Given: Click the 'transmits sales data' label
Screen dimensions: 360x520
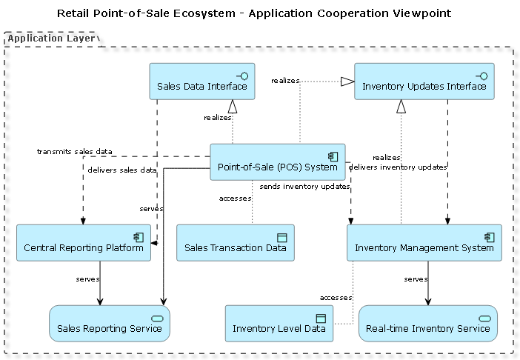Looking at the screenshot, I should coord(74,151).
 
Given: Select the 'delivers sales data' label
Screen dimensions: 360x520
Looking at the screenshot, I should coord(122,170).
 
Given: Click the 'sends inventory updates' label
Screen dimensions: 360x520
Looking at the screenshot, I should coord(304,187).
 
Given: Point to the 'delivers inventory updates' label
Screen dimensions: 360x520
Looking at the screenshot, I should coord(398,167).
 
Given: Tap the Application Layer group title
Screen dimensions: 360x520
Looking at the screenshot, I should coord(51,39).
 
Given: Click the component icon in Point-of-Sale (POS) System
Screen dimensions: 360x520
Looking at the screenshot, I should coord(333,156).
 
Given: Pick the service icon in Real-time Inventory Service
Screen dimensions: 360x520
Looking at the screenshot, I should coord(485,318).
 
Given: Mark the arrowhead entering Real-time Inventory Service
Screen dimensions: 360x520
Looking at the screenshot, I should coord(427,301).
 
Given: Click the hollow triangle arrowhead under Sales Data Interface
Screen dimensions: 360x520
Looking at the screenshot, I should coord(233,105).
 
